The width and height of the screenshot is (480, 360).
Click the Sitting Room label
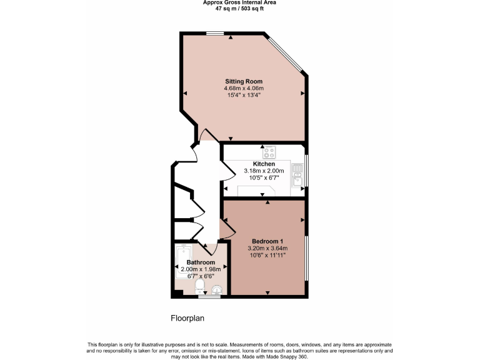point(244,81)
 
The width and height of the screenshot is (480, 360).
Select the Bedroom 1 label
point(268,241)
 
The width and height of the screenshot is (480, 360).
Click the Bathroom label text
point(201,262)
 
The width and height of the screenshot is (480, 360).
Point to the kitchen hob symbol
point(270,152)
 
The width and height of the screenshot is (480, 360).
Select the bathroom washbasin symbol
point(217,289)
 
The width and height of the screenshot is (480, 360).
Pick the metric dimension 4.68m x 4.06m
point(244,89)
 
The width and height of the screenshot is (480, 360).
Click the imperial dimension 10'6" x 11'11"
point(268,255)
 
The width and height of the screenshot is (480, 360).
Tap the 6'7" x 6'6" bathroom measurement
point(201,276)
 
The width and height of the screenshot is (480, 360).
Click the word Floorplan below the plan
point(187,318)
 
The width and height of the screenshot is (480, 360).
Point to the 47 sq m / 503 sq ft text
point(240,9)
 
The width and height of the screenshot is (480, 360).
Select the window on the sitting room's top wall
point(216,33)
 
